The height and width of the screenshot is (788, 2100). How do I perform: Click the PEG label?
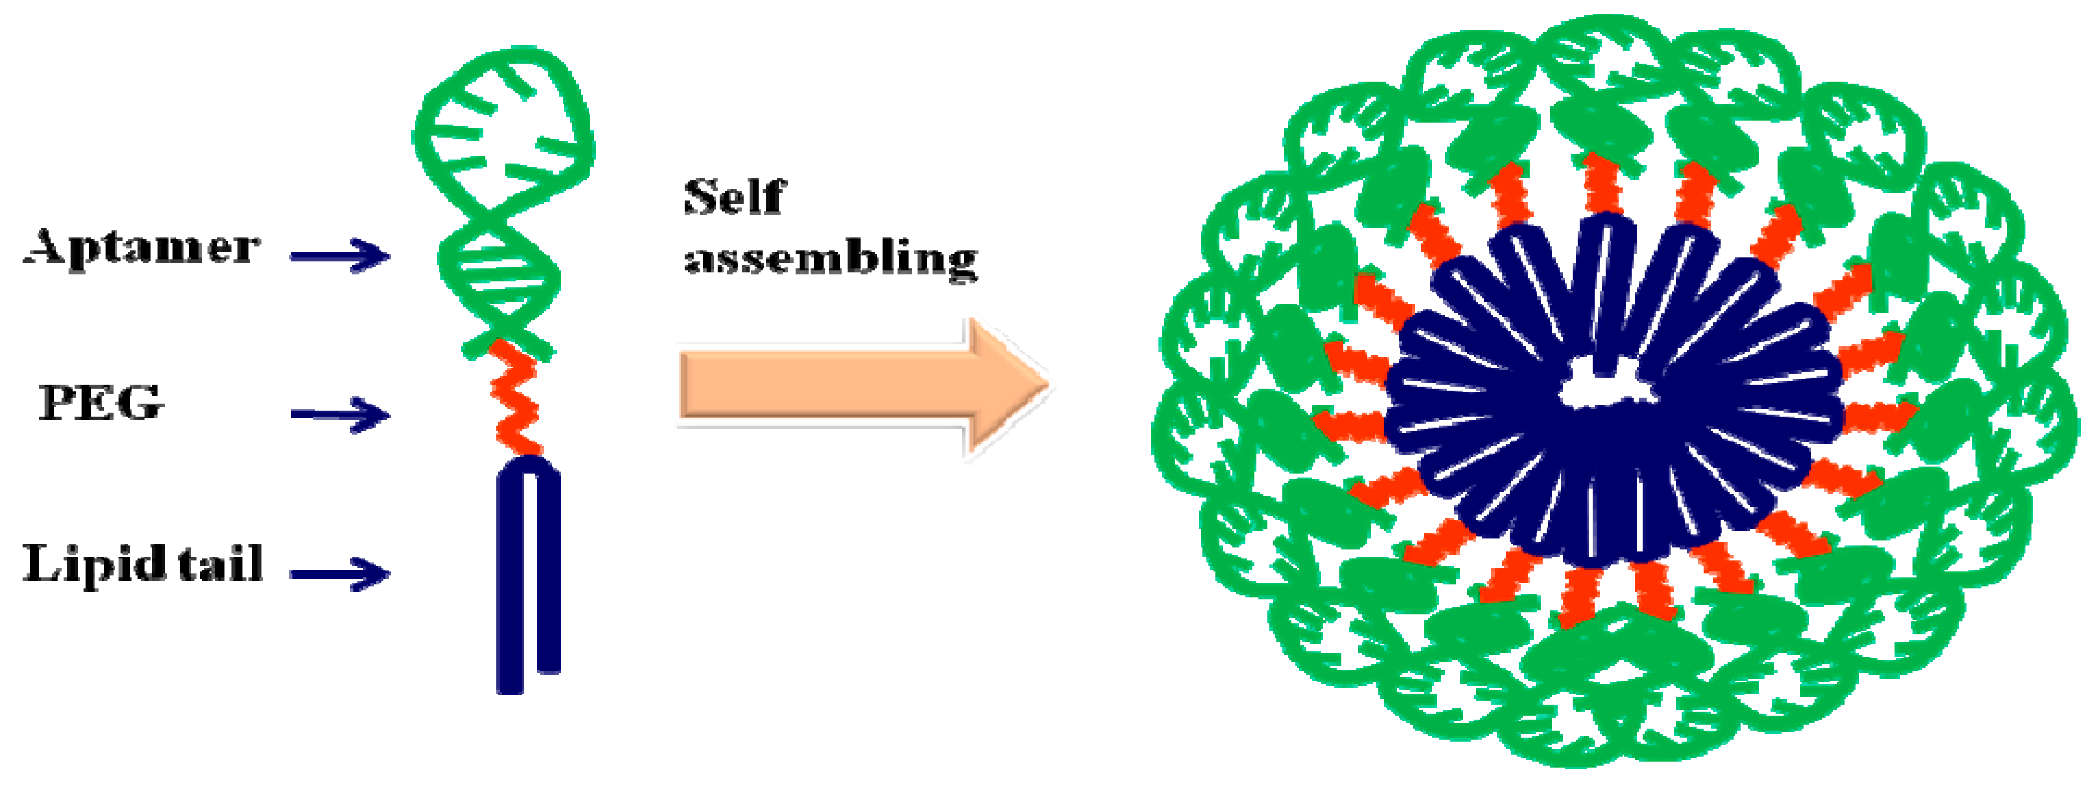pos(101,403)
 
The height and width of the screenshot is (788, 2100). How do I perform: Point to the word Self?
pos(734,197)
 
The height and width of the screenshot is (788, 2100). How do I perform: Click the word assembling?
pos(830,259)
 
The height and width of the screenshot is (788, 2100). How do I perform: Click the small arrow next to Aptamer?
pos(340,255)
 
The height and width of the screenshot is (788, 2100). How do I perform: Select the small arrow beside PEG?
pos(340,415)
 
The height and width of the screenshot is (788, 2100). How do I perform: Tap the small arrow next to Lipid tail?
pos(340,573)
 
